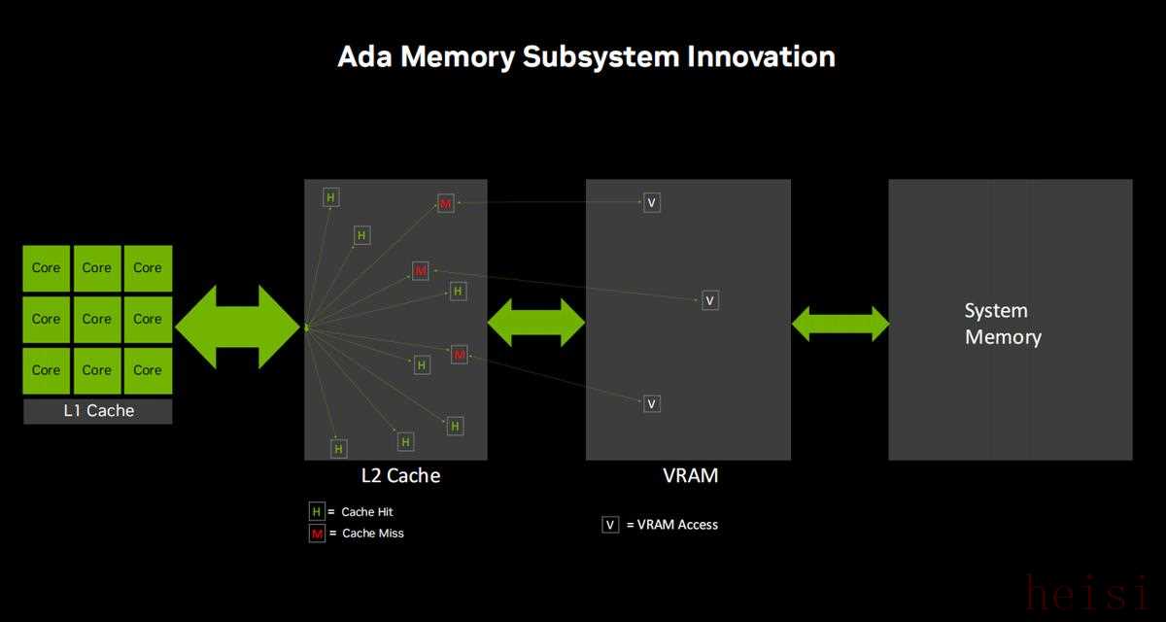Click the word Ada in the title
coord(364,56)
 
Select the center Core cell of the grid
coord(97,319)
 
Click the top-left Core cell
coord(47,268)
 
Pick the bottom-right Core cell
coord(148,370)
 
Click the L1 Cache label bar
coord(98,411)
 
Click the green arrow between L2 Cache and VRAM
coord(536,322)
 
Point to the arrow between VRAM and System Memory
coord(840,324)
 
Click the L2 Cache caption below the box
coord(400,475)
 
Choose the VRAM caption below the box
coord(689,475)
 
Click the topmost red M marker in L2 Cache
coord(446,203)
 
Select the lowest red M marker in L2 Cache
coord(460,355)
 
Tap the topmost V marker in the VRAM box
coord(652,203)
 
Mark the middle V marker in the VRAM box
coord(710,300)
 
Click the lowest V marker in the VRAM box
coord(652,403)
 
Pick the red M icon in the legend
coord(317,533)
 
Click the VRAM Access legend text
coord(671,525)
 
